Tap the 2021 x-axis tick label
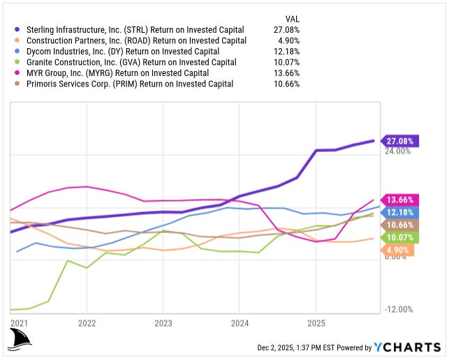coord(20,324)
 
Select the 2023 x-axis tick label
coord(162,324)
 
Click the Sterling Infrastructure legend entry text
coord(134,30)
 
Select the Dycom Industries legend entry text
coord(122,52)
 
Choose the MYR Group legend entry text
coord(117,73)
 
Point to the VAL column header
coord(293,17)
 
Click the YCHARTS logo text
coord(406,347)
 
